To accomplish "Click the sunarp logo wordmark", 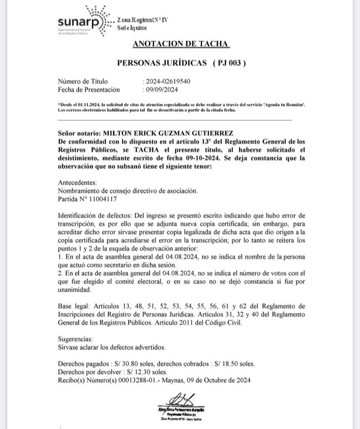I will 76,21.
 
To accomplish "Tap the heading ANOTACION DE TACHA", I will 180,44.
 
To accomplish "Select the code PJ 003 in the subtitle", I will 230,63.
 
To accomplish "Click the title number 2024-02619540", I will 168,81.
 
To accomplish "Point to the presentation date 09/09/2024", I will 162,90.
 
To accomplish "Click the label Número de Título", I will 83,81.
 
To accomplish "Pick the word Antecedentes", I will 77,183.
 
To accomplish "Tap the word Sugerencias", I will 75,339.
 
